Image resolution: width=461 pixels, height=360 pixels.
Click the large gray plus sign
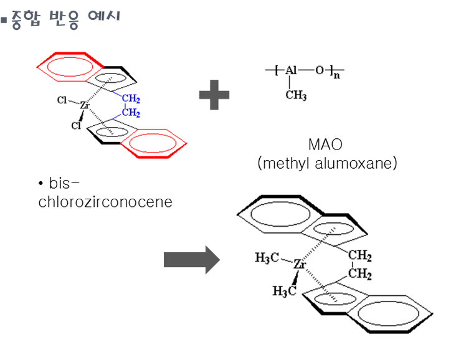[x=214, y=95]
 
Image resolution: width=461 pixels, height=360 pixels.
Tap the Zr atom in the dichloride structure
[x=85, y=107]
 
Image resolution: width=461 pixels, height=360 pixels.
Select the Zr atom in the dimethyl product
[x=300, y=264]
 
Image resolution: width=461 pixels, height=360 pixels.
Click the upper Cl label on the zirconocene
[x=62, y=100]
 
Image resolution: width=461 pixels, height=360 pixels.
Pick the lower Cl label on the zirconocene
[x=76, y=126]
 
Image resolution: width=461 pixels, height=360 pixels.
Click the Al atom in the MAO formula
[x=292, y=70]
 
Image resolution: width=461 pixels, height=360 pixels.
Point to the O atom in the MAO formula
[x=319, y=70]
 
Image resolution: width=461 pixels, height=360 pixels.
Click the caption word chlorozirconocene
[x=105, y=202]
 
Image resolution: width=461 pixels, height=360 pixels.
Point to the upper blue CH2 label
[x=131, y=100]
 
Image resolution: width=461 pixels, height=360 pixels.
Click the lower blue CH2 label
[x=131, y=113]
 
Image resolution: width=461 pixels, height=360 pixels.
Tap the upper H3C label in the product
[x=267, y=258]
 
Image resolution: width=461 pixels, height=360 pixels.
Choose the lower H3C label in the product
[x=284, y=291]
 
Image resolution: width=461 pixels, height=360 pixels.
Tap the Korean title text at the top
[x=65, y=17]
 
